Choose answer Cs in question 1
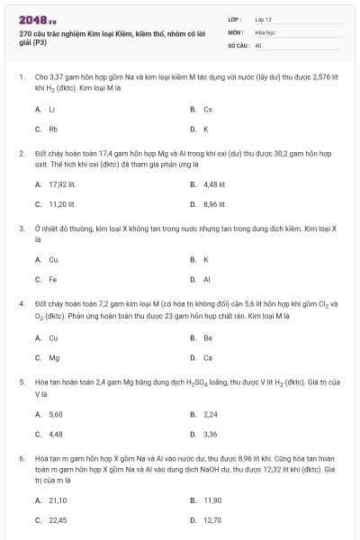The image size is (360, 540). click(x=208, y=110)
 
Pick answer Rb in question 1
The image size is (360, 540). click(x=53, y=129)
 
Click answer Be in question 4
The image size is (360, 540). click(x=208, y=338)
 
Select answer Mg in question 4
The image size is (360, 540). click(x=54, y=357)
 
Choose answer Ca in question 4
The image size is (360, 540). click(x=208, y=357)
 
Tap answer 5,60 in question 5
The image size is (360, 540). click(x=56, y=414)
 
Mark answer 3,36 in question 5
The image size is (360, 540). click(x=211, y=434)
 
